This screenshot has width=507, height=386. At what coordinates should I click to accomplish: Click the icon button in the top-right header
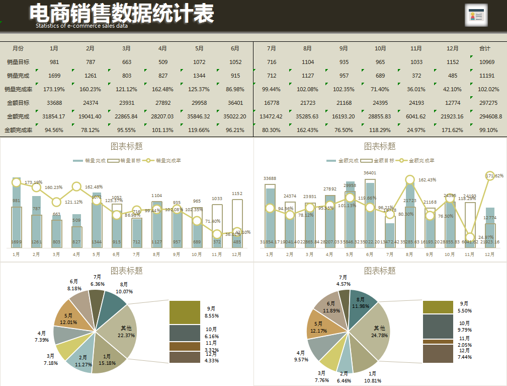click(x=476, y=16)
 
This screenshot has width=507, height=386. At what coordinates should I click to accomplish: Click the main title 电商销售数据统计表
click(x=121, y=14)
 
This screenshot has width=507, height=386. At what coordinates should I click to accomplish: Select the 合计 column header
click(x=485, y=48)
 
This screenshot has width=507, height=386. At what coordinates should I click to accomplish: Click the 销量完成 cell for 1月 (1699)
click(x=54, y=76)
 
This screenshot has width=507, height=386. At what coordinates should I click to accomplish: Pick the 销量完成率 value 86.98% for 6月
click(x=235, y=89)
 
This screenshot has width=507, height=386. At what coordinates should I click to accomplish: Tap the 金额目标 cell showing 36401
click(x=235, y=103)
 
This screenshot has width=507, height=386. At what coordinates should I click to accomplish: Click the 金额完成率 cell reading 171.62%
click(x=453, y=130)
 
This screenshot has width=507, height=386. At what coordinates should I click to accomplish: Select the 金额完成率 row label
click(x=18, y=130)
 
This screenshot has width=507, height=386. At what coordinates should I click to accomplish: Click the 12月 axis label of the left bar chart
click(x=237, y=254)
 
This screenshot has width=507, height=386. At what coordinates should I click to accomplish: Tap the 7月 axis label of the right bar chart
click(x=390, y=254)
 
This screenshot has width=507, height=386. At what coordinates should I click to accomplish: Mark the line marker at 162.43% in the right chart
click(x=410, y=180)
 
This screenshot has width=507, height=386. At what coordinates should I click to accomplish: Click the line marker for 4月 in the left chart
click(x=76, y=186)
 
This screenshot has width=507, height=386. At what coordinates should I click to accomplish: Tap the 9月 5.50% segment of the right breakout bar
click(x=438, y=307)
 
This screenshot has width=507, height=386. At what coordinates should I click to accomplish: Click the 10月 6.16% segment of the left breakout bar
click(x=184, y=333)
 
